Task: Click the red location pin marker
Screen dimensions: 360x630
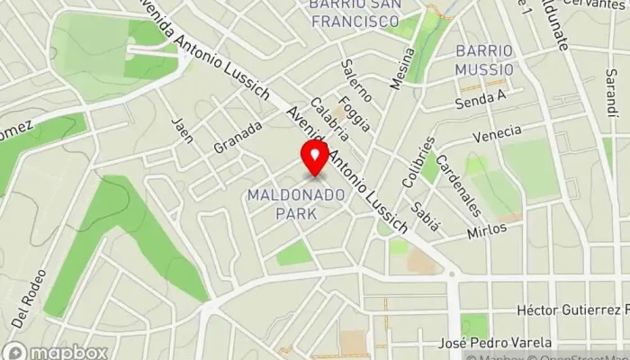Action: (315, 158)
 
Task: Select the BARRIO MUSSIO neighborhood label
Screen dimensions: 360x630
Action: (484, 58)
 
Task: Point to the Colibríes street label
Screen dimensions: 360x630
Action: (419, 162)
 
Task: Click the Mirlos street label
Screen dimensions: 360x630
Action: (486, 230)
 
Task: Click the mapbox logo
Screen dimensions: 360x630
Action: (54, 351)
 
